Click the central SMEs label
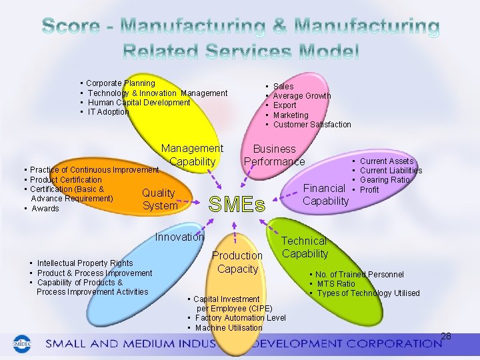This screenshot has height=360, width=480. (x=237, y=204)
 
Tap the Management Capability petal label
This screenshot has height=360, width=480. (x=192, y=155)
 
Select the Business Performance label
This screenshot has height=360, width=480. (x=274, y=155)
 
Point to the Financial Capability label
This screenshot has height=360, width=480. (x=325, y=195)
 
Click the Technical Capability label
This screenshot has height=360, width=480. (x=305, y=247)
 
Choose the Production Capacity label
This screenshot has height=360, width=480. (x=237, y=262)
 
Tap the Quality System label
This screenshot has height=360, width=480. (x=159, y=199)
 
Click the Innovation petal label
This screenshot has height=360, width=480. (x=179, y=237)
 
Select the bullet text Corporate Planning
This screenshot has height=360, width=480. (x=121, y=83)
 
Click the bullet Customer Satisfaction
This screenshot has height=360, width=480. (x=312, y=125)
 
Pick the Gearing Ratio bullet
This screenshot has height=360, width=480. (x=385, y=180)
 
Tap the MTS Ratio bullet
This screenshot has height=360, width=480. (x=336, y=284)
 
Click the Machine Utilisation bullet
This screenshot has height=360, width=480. (x=229, y=328)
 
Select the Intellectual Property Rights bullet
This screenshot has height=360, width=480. (x=85, y=263)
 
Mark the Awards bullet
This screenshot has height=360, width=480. (x=45, y=209)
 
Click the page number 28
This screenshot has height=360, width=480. (x=446, y=336)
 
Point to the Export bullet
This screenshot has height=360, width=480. (x=285, y=105)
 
